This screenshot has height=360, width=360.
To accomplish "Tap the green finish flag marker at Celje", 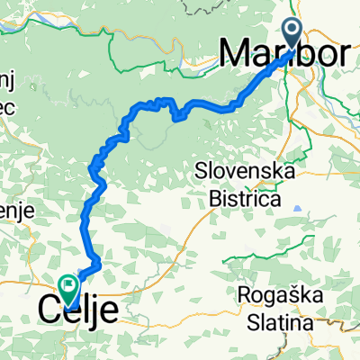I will click(70, 286).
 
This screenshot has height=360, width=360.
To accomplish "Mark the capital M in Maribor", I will click(236, 55).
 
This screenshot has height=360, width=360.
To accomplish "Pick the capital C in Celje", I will click(51, 310).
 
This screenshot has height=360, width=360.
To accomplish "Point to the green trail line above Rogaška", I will click(297, 261).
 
